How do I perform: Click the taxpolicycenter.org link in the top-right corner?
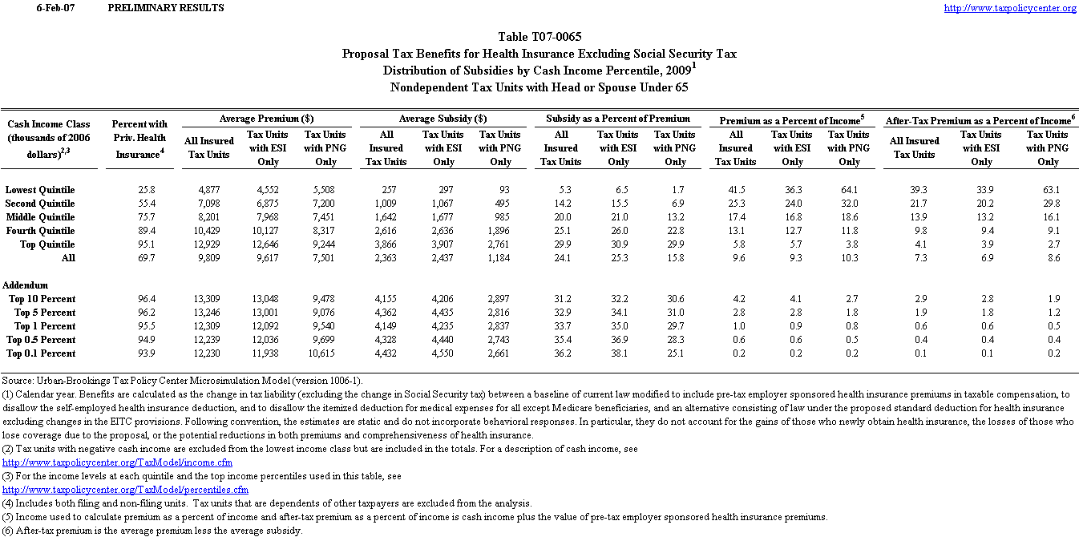1010,8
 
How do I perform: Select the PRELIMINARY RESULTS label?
165,8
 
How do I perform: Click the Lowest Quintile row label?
40,190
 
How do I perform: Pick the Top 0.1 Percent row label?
42,353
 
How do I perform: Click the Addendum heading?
26,285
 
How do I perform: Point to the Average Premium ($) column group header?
266,119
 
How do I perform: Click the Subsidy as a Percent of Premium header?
618,119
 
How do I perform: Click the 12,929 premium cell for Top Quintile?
208,244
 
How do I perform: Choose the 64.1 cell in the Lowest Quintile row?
849,190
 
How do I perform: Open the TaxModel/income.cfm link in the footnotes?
118,462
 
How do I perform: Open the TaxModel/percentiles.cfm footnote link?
126,490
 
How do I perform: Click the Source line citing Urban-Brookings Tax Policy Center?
182,381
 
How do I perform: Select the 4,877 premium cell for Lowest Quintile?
208,190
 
